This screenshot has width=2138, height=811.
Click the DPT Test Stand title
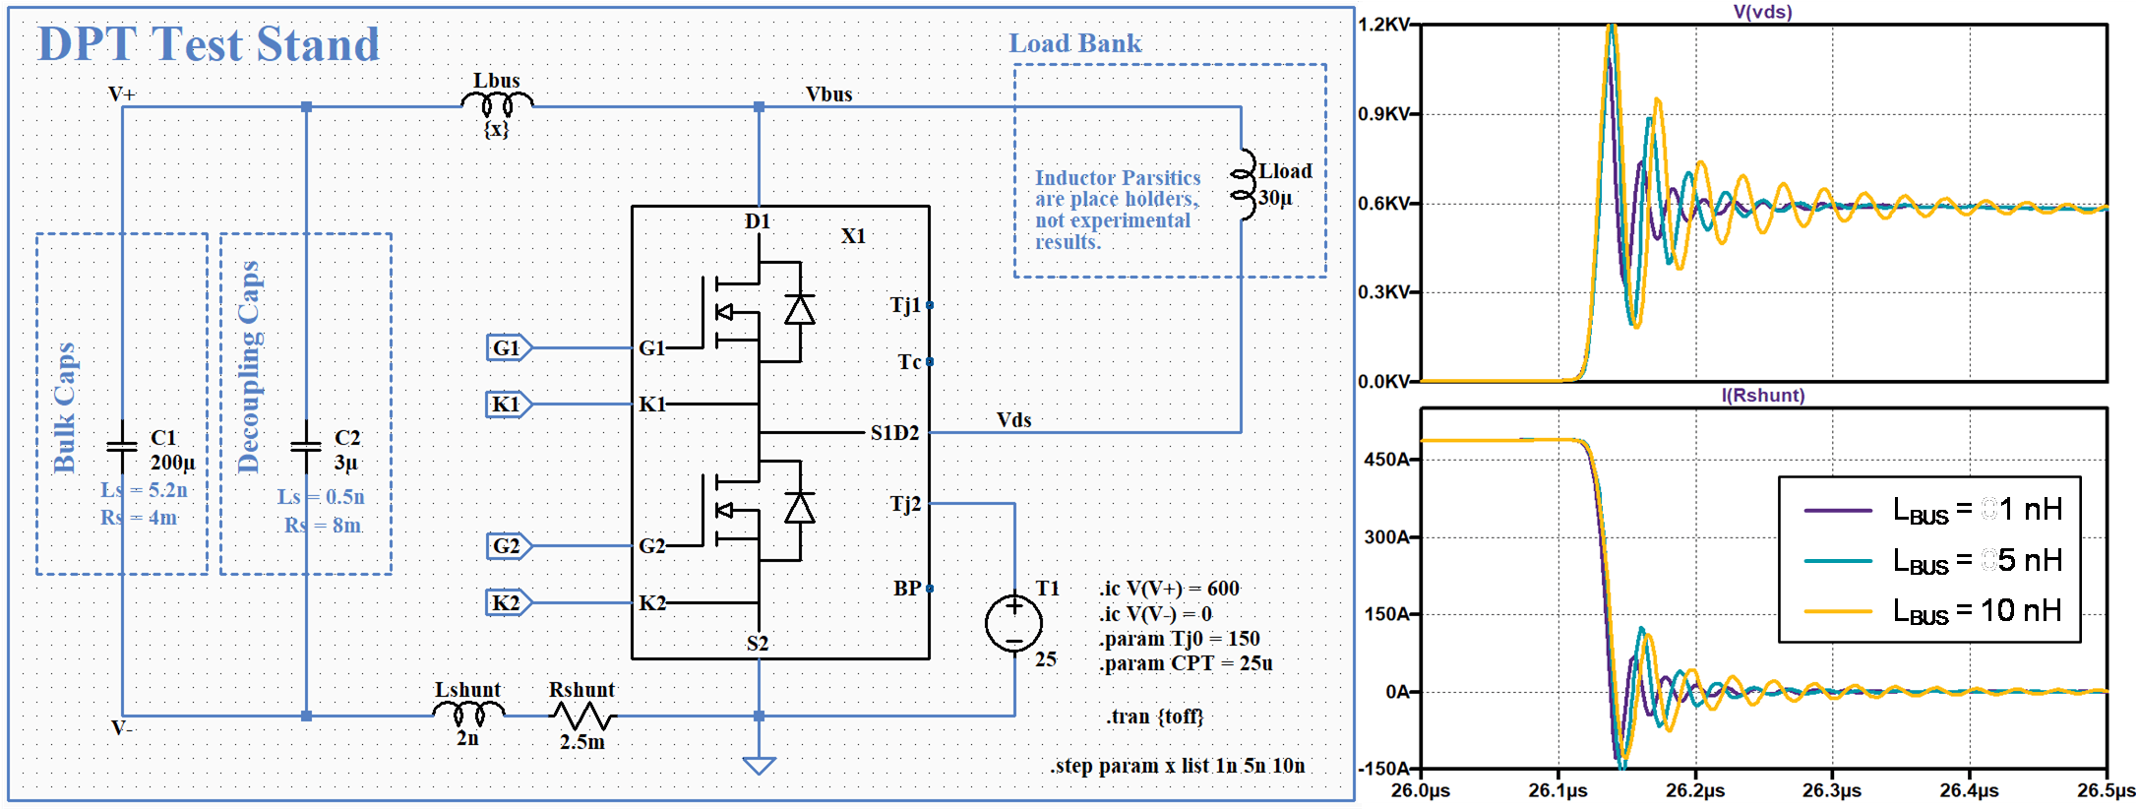coord(208,44)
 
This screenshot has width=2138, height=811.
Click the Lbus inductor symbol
coord(497,103)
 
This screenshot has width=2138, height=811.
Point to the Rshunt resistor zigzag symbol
coord(581,716)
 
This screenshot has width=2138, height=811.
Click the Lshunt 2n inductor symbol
coord(468,713)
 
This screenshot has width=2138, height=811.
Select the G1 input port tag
coord(509,347)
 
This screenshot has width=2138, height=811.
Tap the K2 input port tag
coord(509,602)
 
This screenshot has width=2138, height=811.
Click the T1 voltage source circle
coord(1014,623)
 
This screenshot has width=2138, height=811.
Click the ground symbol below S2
coord(759,765)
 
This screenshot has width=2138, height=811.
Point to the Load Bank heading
coord(1075,43)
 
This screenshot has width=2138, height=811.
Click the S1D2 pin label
coord(894,433)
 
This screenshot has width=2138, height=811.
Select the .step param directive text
coord(1178,766)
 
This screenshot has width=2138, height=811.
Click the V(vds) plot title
coord(1762,12)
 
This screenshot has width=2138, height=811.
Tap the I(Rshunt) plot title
coord(1762,395)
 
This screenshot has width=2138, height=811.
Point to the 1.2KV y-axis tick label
coord(1383,24)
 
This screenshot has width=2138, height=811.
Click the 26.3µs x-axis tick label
coord(1832,790)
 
